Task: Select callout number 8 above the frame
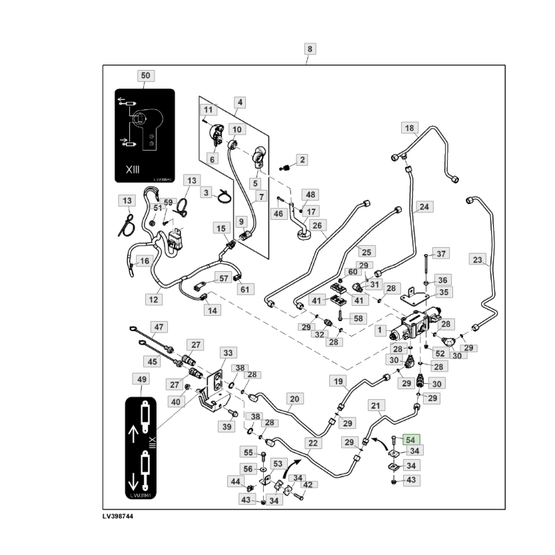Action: click(310, 49)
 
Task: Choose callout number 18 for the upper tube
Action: click(410, 128)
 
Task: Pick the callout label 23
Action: click(477, 259)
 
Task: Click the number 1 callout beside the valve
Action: click(379, 330)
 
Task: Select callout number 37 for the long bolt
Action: click(442, 254)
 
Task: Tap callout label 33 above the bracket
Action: click(228, 352)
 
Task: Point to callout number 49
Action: click(141, 380)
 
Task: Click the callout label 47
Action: click(159, 327)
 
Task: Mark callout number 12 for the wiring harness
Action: click(155, 300)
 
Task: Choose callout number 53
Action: click(277, 463)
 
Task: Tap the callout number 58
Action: click(358, 318)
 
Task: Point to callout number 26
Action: click(317, 225)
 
